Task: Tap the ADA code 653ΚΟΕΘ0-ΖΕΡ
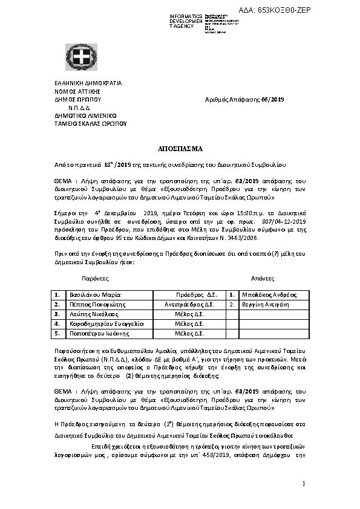[292, 11]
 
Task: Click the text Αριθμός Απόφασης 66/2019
[244, 100]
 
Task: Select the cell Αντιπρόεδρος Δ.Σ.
[189, 305]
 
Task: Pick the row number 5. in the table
[56, 333]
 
